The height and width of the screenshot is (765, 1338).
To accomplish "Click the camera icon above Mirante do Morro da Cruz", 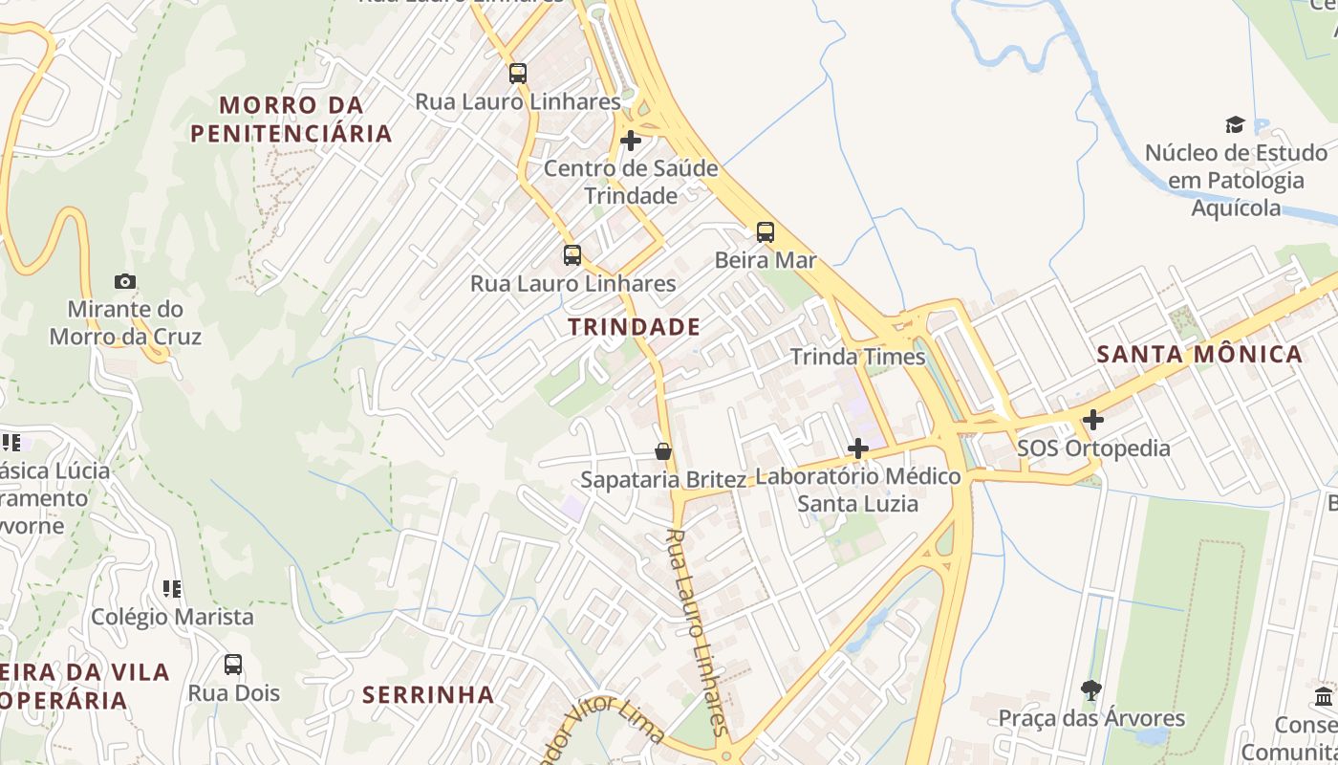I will click(124, 281).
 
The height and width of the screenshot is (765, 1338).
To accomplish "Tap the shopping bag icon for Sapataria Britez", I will click(663, 450).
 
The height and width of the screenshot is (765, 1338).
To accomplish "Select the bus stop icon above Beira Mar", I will click(765, 231).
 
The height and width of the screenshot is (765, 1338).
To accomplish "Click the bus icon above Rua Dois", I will click(233, 664).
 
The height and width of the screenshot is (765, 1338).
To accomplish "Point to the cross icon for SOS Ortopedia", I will click(1092, 420).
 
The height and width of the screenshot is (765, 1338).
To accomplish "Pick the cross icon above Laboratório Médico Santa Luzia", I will click(858, 448).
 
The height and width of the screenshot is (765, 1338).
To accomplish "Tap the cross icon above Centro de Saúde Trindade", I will click(631, 141).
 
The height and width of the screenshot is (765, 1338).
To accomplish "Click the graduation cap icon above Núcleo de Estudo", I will click(1235, 124).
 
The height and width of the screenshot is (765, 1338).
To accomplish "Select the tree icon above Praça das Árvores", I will click(1090, 689).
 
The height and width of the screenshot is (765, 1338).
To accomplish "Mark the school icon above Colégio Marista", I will click(172, 588).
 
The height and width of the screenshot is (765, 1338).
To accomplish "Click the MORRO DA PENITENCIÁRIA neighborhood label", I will click(291, 119).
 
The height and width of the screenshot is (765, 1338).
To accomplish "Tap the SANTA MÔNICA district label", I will click(1199, 354).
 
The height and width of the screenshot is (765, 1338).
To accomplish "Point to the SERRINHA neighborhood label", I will click(428, 694).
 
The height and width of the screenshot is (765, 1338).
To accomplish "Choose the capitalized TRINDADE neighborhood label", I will click(635, 327).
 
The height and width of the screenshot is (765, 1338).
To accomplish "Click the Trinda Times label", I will click(857, 358).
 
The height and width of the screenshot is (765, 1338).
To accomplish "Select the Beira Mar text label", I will click(766, 260).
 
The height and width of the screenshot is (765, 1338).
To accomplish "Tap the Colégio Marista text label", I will click(172, 617).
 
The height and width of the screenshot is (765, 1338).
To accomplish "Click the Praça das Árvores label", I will click(1091, 718).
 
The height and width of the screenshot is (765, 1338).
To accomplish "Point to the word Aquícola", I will click(1236, 208).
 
